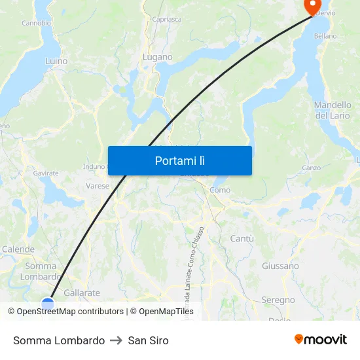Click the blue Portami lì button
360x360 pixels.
179,160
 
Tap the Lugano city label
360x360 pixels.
158,58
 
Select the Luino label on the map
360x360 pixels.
56,61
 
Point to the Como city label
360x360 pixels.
220,190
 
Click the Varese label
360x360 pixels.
98,186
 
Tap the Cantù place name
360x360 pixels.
242,239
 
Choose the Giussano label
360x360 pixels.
280,266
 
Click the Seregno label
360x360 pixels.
278,300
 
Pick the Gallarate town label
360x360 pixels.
82,293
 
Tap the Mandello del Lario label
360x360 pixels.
333,110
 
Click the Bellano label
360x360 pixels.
325,36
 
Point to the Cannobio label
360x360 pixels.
36,23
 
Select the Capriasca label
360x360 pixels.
167,20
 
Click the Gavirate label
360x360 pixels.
46,173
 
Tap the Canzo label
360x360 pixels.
311,168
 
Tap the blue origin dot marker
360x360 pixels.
48,303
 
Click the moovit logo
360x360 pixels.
321,340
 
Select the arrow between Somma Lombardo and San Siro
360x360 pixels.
117,340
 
